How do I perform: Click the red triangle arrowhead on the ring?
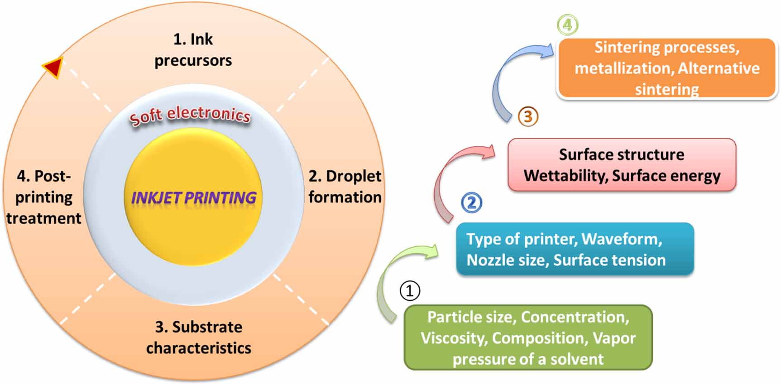[53, 67]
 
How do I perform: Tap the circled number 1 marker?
[410, 290]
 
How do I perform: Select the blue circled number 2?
[471, 202]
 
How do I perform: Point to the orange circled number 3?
[528, 116]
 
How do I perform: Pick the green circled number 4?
[567, 24]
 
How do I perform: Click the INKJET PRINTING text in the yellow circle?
[193, 197]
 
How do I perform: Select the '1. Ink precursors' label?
[193, 50]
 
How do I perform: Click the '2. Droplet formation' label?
[345, 186]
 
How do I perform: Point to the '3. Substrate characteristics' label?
[198, 337]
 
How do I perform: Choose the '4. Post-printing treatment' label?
[43, 197]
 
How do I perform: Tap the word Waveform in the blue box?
[622, 239]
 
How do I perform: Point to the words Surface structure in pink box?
[622, 154]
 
